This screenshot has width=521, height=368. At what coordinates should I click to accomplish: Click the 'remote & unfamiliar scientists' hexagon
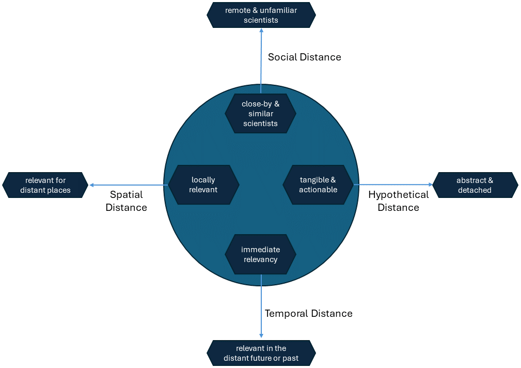click(x=261, y=15)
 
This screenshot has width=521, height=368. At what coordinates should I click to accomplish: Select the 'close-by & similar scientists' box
click(x=260, y=114)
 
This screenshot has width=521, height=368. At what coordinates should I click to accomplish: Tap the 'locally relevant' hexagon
click(x=203, y=185)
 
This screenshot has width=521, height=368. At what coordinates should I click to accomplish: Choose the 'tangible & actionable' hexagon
click(x=318, y=185)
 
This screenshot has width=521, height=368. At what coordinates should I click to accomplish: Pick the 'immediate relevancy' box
click(x=260, y=254)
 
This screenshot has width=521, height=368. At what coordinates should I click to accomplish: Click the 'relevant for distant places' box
click(x=45, y=185)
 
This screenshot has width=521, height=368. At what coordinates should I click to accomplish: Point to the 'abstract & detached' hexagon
click(x=475, y=185)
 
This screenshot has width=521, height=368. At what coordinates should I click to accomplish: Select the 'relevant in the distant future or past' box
click(x=261, y=353)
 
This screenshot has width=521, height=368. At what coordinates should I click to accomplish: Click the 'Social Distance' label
click(x=304, y=57)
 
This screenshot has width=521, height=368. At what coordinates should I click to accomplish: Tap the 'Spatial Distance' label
click(x=127, y=201)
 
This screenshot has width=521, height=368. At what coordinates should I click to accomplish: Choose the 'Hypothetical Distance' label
click(x=399, y=201)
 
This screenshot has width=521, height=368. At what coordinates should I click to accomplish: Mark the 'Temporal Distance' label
click(x=308, y=313)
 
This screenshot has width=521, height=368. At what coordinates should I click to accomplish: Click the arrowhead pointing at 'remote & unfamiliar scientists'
click(x=261, y=30)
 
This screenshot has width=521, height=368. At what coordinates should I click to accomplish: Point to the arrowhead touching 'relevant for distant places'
click(x=91, y=185)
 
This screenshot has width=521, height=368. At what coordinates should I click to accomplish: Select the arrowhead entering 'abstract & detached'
click(x=430, y=185)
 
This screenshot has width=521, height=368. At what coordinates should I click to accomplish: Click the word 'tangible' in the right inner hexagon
click(x=314, y=180)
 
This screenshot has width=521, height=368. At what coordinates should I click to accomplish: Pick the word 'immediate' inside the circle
click(x=260, y=250)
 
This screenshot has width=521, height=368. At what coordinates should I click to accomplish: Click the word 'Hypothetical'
click(x=399, y=195)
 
